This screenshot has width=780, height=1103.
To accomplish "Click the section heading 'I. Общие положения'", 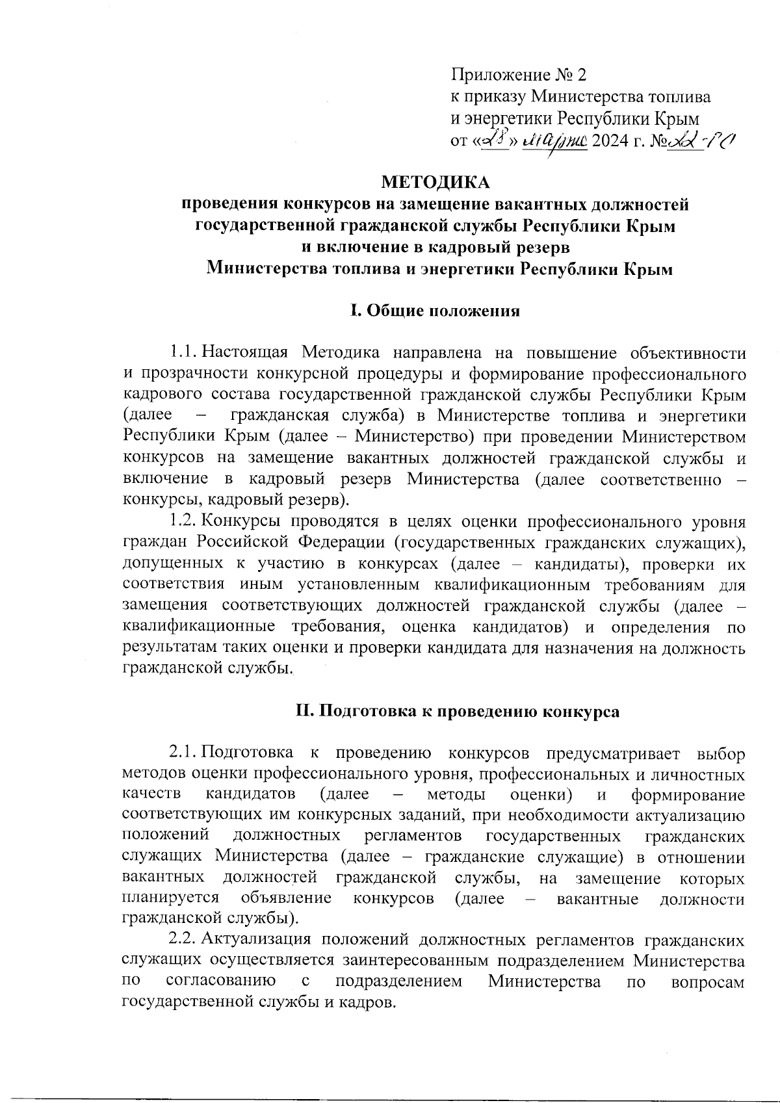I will [x=435, y=311].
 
